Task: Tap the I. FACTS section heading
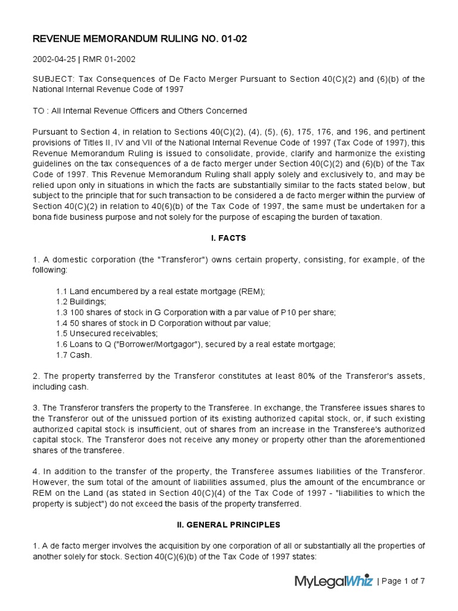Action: coord(229,238)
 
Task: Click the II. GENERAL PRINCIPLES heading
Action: coord(229,525)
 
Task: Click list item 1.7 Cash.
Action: coord(75,354)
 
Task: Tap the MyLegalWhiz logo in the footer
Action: coord(333,581)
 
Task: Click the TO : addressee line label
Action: coord(41,111)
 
